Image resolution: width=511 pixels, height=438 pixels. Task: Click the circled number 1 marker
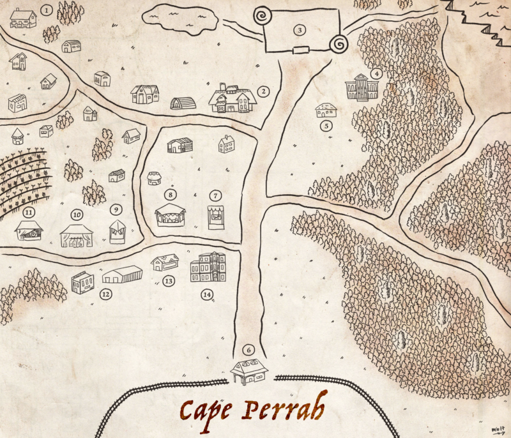coord(46,10)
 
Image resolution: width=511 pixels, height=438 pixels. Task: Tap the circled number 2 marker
coord(264,91)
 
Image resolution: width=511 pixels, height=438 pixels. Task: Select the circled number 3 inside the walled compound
coord(298,29)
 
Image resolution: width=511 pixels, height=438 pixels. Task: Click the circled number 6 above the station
coord(249,350)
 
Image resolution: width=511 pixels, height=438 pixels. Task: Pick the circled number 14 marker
coord(206,294)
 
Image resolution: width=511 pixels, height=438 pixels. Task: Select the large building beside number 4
coord(362,87)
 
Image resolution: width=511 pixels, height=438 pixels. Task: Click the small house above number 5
coord(326,110)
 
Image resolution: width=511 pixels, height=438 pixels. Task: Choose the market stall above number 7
coord(216,217)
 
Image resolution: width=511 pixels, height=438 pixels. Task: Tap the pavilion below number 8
coord(171,215)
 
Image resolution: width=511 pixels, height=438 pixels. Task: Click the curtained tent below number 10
coord(77,236)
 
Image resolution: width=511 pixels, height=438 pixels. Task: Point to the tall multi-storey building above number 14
coord(208,267)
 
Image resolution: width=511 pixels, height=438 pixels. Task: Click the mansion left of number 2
coord(233,99)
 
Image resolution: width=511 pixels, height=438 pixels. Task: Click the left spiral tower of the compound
coord(263,15)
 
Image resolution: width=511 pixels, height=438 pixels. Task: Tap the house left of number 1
coord(23,18)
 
